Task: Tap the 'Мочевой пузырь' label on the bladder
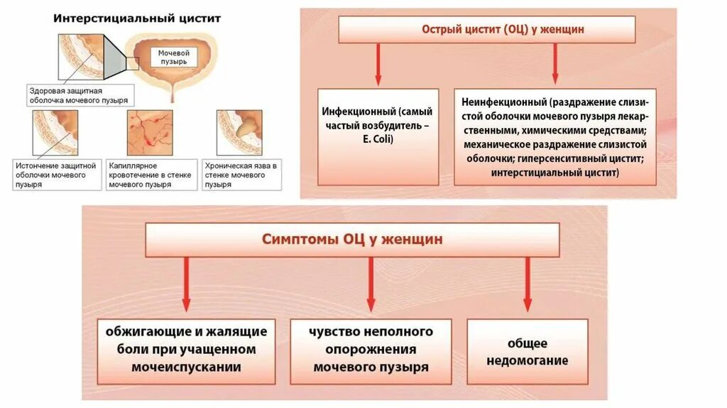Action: pos(173,57)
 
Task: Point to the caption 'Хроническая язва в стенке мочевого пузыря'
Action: pos(239,174)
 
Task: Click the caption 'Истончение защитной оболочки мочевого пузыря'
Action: pos(55,174)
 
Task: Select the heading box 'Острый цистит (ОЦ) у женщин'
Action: pos(487,30)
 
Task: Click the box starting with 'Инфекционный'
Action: pos(376,136)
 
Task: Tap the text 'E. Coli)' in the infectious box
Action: pos(376,140)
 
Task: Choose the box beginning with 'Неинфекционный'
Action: pos(554,136)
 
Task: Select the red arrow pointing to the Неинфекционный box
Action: pos(554,65)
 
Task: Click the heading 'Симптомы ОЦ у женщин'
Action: pos(352,240)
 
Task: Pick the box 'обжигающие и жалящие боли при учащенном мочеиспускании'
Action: pos(187,349)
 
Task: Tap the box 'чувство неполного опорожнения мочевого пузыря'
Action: pos(371,349)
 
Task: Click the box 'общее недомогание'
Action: pos(527,351)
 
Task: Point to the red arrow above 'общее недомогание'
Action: pos(527,284)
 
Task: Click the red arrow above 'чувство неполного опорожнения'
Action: pos(371,284)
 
